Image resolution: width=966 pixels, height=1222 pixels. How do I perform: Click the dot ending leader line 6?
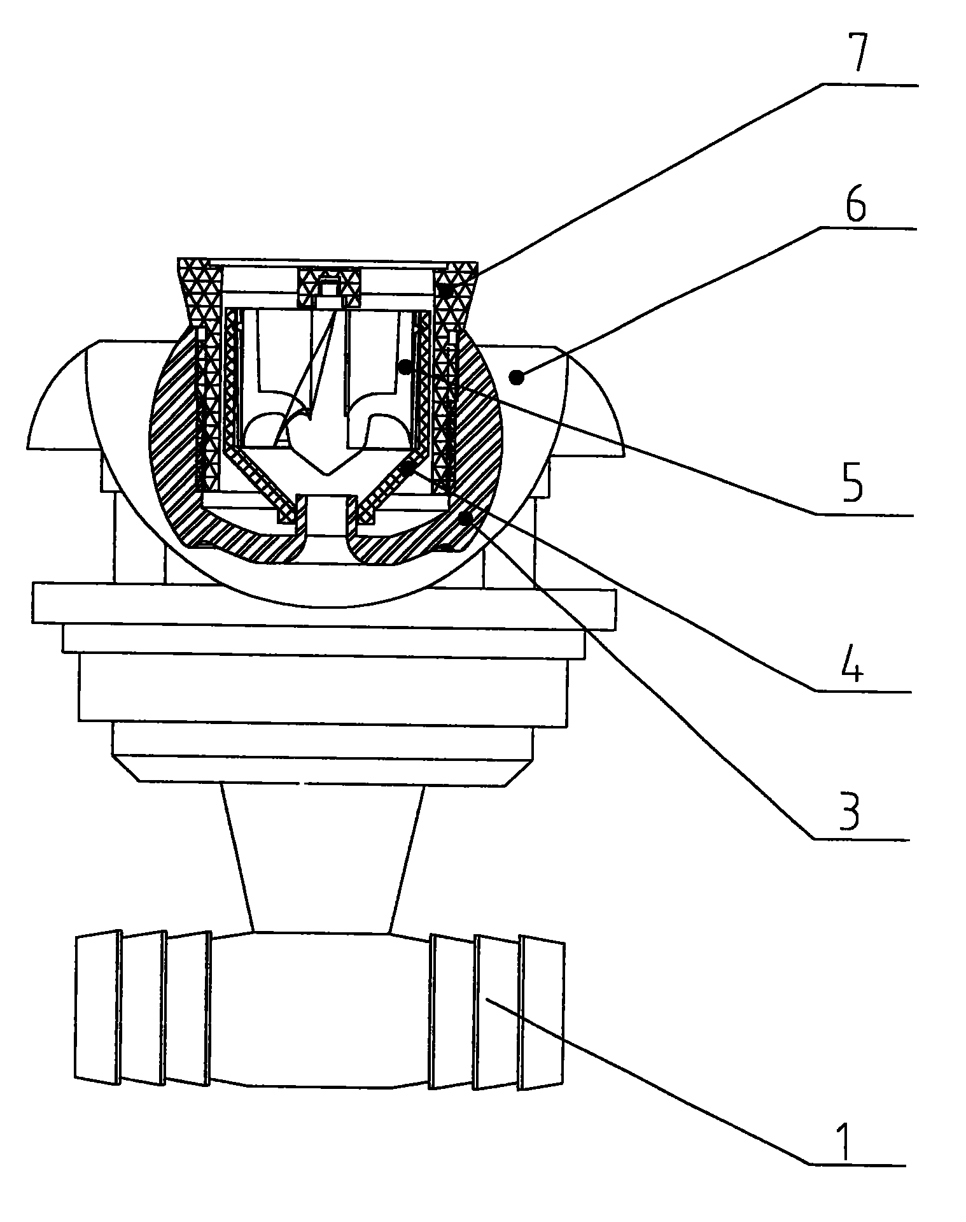[x=517, y=378]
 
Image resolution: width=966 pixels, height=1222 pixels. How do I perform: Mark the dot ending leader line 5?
[x=403, y=366]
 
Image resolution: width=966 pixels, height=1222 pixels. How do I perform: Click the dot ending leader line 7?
[x=449, y=290]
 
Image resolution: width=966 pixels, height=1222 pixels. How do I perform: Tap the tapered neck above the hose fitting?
[x=323, y=859]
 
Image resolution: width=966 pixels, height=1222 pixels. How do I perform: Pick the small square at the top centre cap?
[x=328, y=289]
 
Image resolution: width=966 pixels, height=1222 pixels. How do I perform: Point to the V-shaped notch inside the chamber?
[x=328, y=462]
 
